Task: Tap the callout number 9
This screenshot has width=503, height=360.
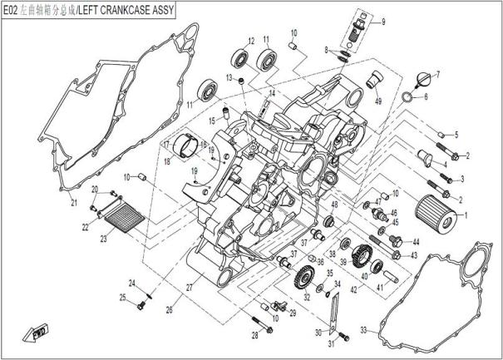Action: click(x=385, y=22)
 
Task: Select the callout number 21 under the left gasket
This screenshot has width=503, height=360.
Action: click(x=73, y=203)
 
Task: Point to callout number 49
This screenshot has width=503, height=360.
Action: click(x=377, y=101)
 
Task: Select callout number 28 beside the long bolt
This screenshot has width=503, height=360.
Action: click(x=256, y=333)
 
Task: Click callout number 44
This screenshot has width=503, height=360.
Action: click(x=416, y=242)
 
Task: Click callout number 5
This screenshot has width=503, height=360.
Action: click(x=456, y=135)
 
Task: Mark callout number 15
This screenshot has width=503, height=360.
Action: click(x=212, y=120)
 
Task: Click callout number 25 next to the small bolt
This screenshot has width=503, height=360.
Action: click(x=122, y=298)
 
